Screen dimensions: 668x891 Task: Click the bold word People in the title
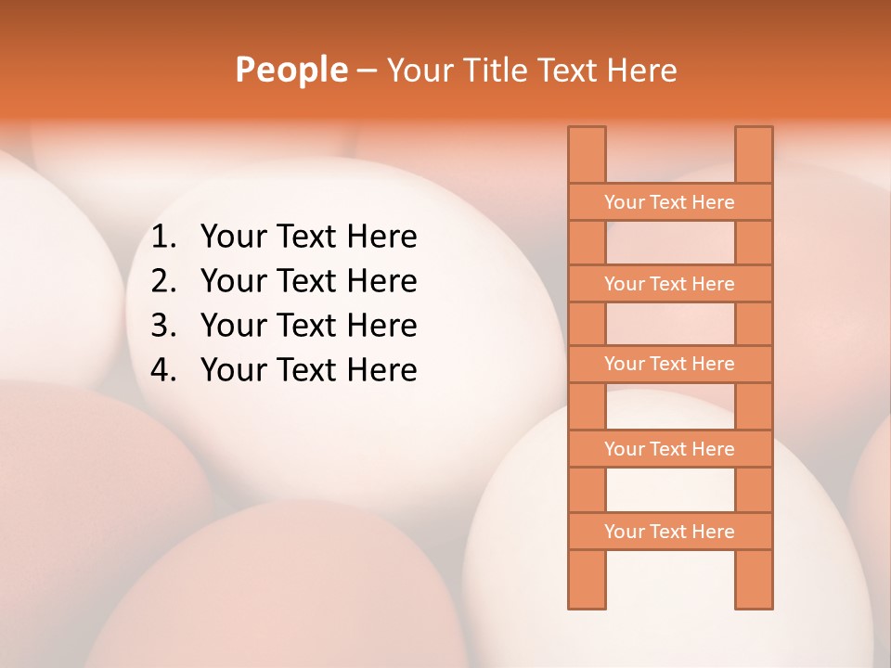291,70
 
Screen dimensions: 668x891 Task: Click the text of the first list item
308,238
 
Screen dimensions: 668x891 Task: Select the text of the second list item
308,281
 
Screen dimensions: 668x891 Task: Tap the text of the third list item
308,326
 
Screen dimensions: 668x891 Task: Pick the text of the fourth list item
308,370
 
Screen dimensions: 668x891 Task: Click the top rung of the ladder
669,202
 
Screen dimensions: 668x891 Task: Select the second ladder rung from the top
669,284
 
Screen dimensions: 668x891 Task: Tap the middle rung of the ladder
669,364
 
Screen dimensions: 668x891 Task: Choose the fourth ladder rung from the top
669,449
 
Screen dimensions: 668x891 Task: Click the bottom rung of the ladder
669,532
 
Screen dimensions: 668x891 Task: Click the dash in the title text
366,71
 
